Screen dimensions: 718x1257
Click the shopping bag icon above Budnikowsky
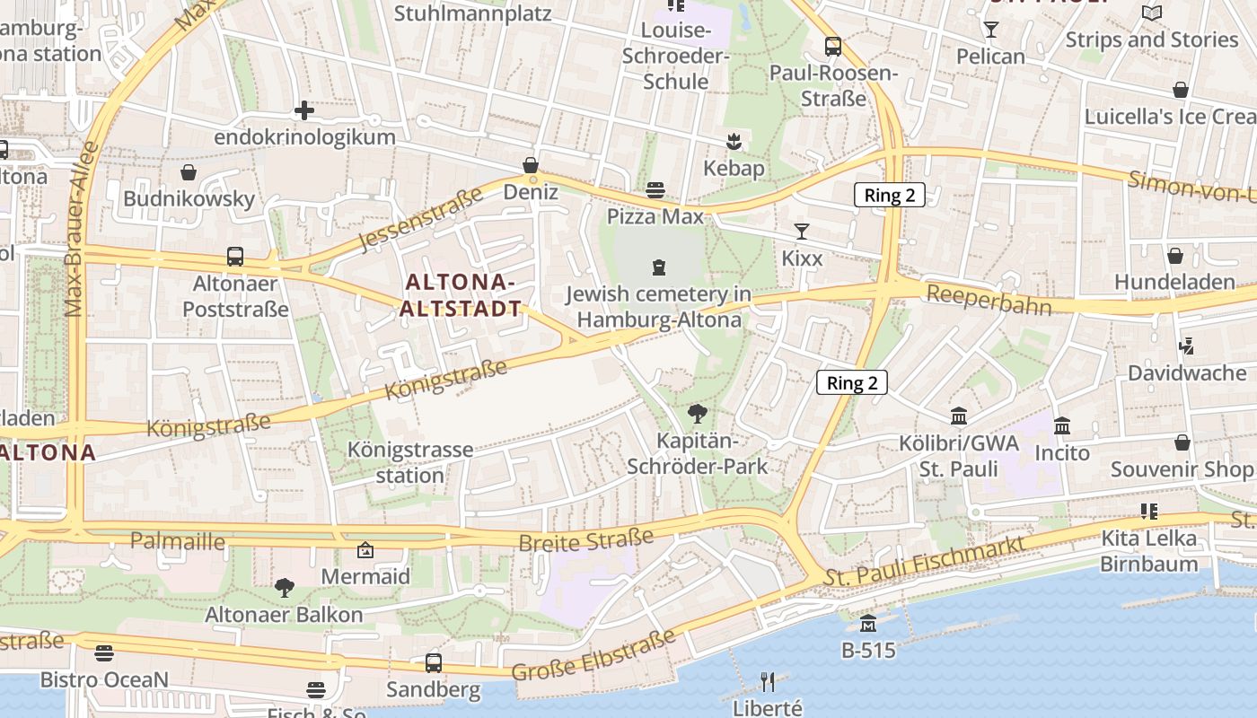pos(189,172)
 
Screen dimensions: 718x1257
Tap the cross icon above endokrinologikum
pos(304,110)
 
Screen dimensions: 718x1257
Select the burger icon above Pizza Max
pos(655,189)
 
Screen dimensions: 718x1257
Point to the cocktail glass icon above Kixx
pos(802,232)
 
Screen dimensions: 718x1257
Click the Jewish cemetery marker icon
pos(659,267)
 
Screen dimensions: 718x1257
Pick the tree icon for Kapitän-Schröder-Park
pos(696,414)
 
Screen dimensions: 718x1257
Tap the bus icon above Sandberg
pos(434,663)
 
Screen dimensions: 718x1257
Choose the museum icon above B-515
pos(868,623)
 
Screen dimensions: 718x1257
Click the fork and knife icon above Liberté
pos(768,682)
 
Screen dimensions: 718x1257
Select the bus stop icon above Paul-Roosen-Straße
pos(833,47)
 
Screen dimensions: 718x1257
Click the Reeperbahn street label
pos(989,300)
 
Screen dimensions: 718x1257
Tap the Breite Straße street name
pos(585,540)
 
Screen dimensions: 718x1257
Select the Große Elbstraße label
pos(593,656)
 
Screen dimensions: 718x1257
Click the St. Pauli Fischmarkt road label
pos(925,563)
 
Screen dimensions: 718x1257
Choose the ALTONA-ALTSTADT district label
pos(462,295)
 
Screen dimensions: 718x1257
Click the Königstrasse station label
pos(410,462)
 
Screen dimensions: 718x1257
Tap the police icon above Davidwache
pos(1186,346)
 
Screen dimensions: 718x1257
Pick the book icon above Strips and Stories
pos(1152,13)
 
